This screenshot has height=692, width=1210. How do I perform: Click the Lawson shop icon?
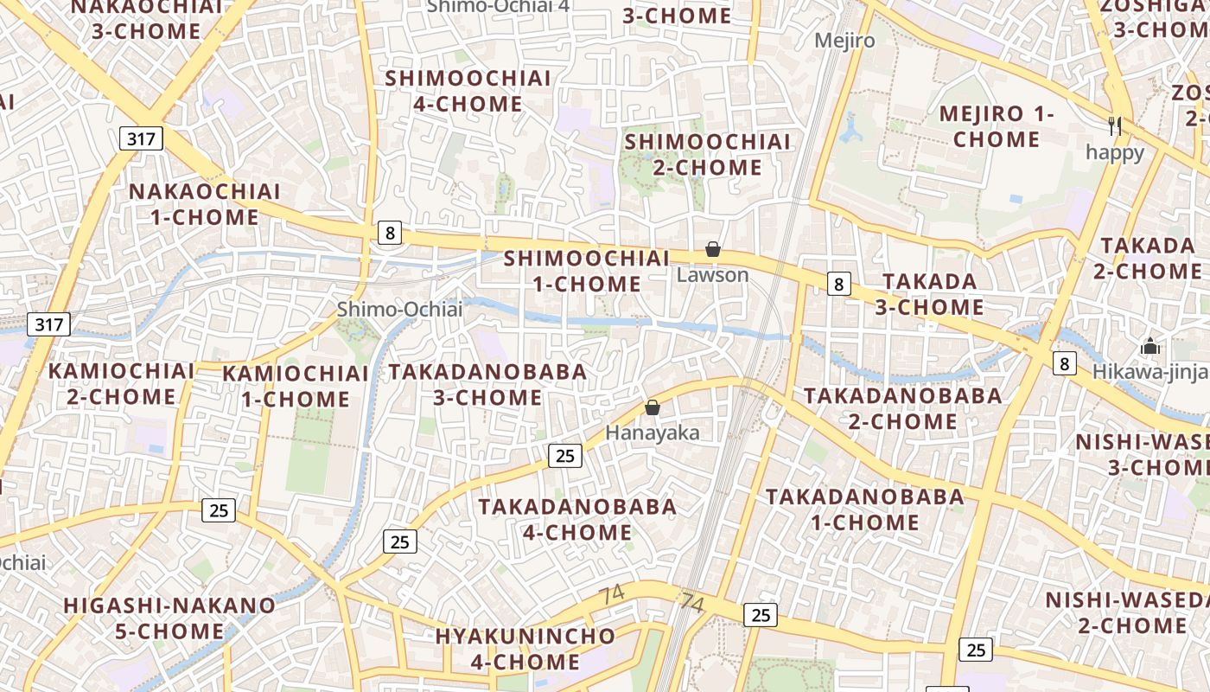click(713, 250)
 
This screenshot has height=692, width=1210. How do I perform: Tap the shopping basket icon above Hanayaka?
click(653, 407)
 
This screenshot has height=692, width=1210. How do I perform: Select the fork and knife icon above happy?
click(1115, 126)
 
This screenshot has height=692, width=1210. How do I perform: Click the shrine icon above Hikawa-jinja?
click(1149, 347)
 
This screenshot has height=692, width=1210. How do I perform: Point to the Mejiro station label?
click(844, 41)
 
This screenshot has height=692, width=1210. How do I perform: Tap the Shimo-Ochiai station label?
click(399, 309)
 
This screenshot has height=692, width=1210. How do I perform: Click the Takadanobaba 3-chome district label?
click(487, 385)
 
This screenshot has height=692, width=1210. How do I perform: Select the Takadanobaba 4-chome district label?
click(577, 519)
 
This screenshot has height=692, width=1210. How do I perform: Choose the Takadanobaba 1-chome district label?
click(864, 509)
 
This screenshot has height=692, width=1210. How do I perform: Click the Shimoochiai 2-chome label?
click(707, 154)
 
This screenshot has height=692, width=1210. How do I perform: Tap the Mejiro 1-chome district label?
click(997, 126)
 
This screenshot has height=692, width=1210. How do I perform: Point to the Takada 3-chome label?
click(929, 294)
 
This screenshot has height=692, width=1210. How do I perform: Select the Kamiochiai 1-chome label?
click(296, 386)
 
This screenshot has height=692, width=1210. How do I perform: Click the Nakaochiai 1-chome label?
click(205, 204)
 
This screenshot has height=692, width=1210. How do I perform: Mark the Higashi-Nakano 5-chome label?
click(169, 618)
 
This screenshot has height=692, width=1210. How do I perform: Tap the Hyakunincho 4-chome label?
click(525, 649)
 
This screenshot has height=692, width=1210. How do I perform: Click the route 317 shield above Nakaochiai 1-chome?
click(141, 138)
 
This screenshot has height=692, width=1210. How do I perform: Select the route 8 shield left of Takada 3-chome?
click(837, 284)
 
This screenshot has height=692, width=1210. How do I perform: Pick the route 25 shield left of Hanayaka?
click(565, 455)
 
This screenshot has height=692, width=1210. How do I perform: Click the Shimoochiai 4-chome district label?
click(468, 91)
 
